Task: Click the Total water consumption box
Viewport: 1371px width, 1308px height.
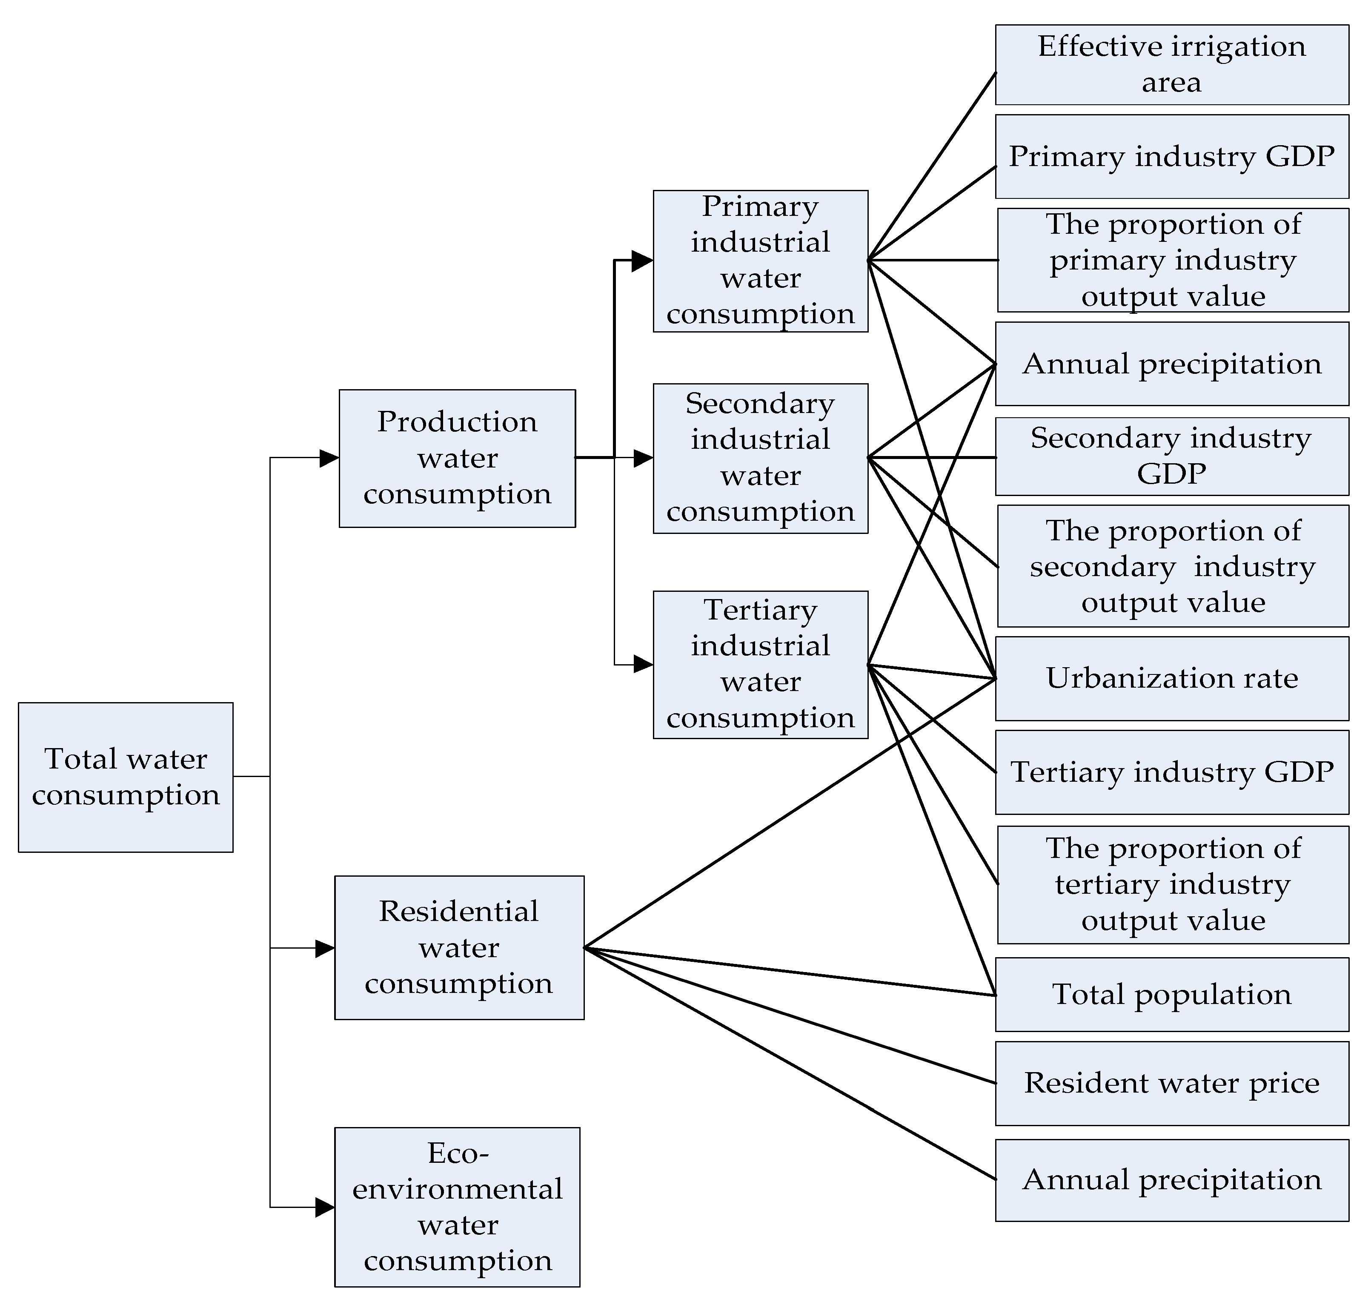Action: coord(126,777)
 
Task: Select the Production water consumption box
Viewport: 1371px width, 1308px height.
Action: coord(457,458)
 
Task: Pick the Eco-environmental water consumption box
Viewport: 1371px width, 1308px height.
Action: coord(457,1207)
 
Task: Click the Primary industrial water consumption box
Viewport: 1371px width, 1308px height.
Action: coord(761,261)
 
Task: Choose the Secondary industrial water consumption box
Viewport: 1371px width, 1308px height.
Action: coord(761,458)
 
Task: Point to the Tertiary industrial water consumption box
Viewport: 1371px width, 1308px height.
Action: coord(761,665)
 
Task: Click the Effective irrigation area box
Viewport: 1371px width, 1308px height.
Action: coord(1172,65)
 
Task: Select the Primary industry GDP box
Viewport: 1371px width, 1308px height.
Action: coord(1172,157)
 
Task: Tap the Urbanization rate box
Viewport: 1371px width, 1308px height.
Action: coord(1172,678)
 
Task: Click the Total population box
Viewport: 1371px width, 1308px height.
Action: coord(1172,994)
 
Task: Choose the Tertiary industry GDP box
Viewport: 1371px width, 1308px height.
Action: coord(1172,772)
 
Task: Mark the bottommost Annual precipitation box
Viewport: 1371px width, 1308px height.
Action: coord(1172,1180)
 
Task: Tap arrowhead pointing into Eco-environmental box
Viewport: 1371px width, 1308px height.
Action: coord(325,1207)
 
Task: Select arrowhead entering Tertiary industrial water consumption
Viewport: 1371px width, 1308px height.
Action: coord(643,665)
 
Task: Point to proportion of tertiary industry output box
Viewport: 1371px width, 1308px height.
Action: coord(1173,885)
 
